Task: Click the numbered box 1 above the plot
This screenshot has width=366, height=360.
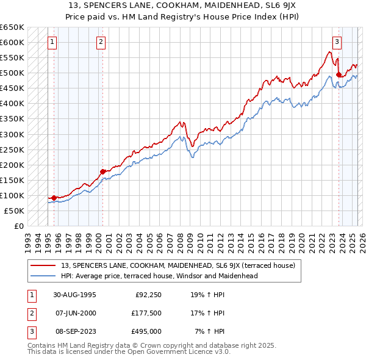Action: [52, 42]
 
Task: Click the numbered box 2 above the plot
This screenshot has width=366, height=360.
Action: [101, 42]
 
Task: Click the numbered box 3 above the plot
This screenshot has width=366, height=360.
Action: [337, 42]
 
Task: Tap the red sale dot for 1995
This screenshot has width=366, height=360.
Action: [54, 198]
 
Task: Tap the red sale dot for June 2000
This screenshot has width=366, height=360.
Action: [102, 171]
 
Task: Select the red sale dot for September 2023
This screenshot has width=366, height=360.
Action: [340, 74]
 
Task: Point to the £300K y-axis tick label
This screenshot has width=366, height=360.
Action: [12, 134]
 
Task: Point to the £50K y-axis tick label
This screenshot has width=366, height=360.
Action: [15, 211]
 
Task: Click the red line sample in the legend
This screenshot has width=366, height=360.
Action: [43, 265]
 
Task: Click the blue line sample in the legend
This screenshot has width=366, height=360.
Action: [43, 276]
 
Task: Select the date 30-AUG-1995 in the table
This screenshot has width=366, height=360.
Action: [74, 295]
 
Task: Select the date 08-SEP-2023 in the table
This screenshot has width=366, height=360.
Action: [74, 331]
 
